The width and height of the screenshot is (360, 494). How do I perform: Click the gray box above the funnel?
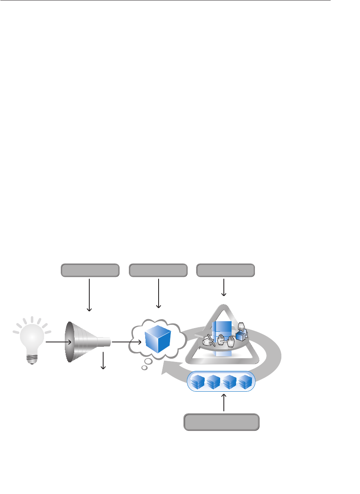click(90, 270)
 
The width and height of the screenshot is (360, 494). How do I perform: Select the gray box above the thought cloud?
click(158, 270)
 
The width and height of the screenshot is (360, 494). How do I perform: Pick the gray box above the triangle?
click(225, 270)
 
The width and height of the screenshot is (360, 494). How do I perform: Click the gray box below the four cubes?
click(222, 422)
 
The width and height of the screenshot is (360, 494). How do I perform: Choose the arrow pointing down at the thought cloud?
click(158, 293)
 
